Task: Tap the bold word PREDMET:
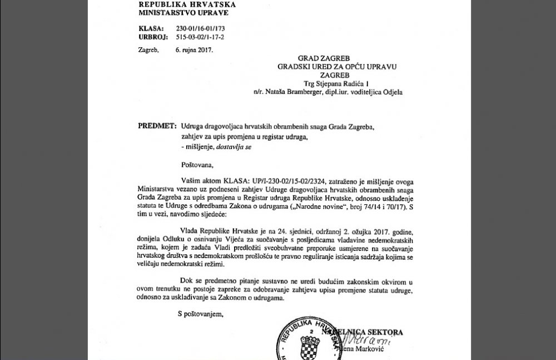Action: click(156, 126)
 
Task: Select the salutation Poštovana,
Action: click(196, 165)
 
